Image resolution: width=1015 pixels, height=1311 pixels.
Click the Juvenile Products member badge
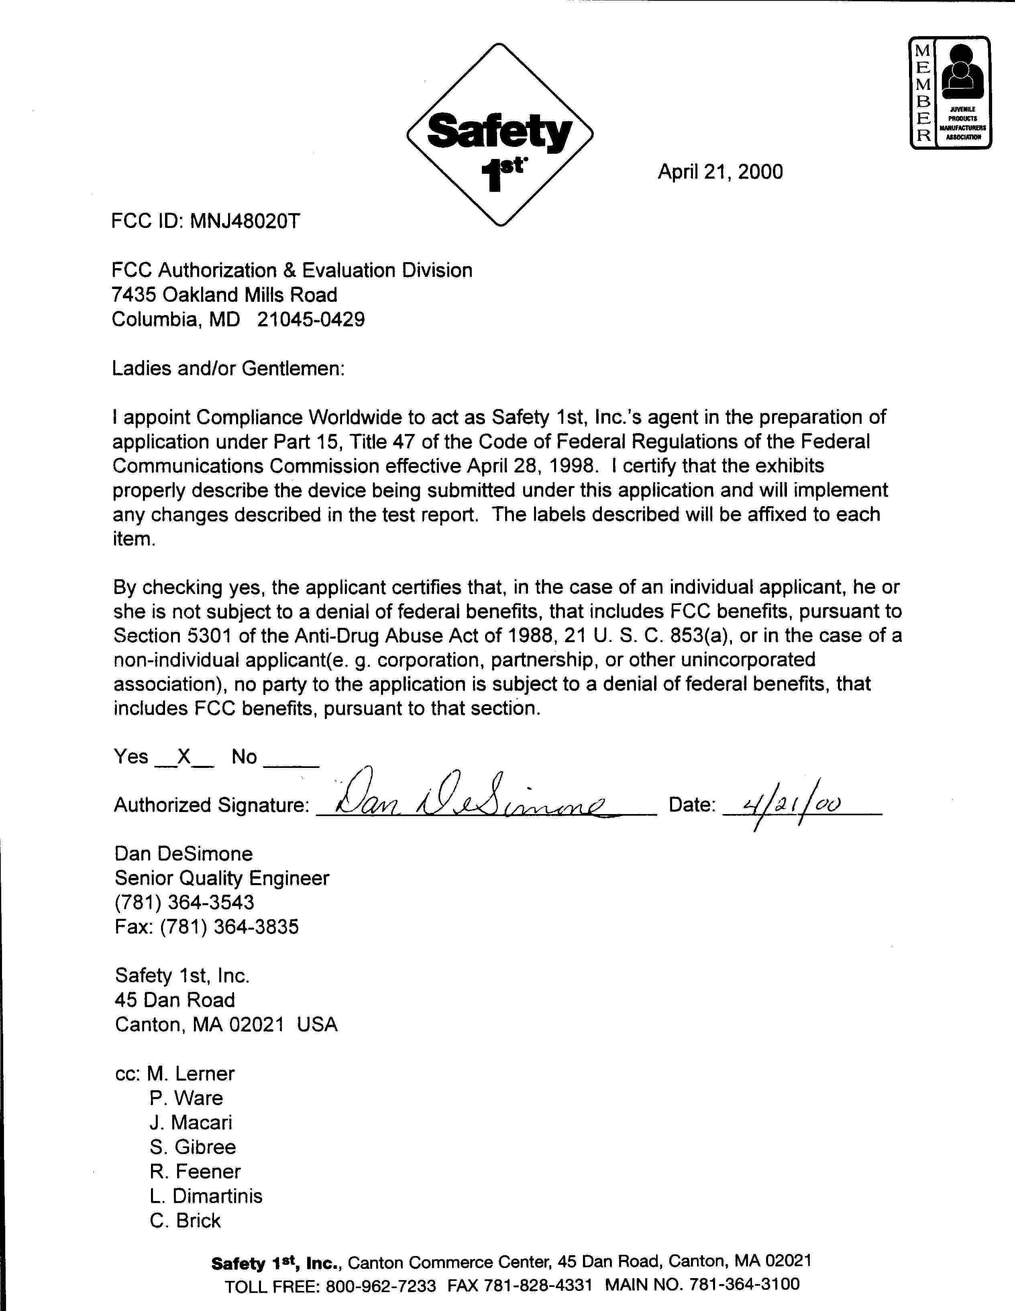950,92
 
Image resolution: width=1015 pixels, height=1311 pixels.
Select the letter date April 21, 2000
720,172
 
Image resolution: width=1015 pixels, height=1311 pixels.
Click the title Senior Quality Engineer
222,878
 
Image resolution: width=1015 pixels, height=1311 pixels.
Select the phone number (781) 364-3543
184,903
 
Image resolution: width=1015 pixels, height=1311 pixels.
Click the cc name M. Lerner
190,1073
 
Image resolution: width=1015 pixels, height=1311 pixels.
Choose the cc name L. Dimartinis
206,1196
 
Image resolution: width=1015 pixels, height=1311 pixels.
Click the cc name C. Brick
185,1220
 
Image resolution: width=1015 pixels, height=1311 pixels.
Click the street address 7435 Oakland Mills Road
224,295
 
